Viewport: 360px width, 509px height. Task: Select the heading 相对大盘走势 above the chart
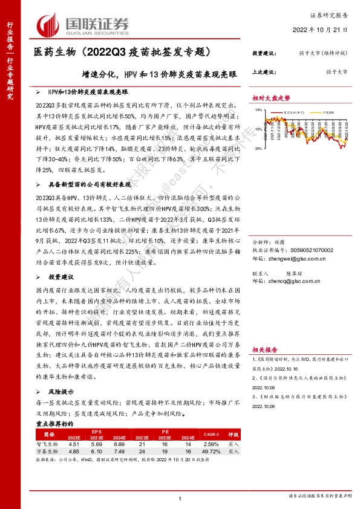click(272, 98)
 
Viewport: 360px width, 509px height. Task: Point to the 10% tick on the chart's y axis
click(258, 111)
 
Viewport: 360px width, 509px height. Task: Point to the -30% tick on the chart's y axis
click(258, 148)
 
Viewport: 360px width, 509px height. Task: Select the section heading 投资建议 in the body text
click(61, 276)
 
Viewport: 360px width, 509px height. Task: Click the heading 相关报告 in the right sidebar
click(265, 349)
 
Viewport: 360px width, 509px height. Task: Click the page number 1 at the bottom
click(180, 498)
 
